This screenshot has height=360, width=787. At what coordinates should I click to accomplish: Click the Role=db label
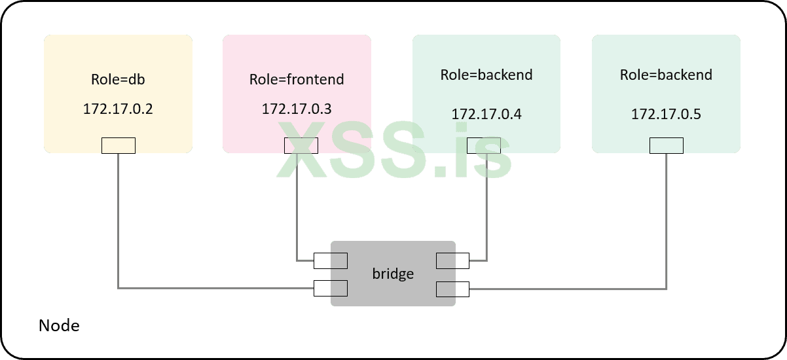pyautogui.click(x=118, y=81)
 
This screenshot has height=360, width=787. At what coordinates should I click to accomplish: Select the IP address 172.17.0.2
pyautogui.click(x=118, y=109)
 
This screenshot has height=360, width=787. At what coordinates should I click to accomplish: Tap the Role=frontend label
pyautogui.click(x=297, y=80)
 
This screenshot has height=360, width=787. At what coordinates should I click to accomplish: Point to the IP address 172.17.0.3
pyautogui.click(x=297, y=109)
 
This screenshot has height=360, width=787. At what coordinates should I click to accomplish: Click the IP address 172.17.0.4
pyautogui.click(x=486, y=114)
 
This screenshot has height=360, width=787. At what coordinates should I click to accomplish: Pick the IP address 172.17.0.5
pyautogui.click(x=666, y=114)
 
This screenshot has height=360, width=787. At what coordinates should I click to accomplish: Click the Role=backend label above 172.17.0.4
pyautogui.click(x=486, y=75)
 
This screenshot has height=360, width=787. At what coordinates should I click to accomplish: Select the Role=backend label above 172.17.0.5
pyautogui.click(x=666, y=75)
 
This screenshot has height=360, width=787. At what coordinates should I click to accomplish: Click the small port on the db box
pyautogui.click(x=119, y=145)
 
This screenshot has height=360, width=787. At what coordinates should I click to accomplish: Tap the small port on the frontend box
pyautogui.click(x=301, y=145)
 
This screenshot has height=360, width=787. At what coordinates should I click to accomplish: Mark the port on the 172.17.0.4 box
pyautogui.click(x=484, y=145)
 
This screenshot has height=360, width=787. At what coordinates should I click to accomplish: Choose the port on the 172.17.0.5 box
pyautogui.click(x=667, y=145)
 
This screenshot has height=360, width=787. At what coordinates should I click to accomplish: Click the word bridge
pyautogui.click(x=393, y=274)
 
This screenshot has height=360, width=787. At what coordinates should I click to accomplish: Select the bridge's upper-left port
pyautogui.click(x=331, y=261)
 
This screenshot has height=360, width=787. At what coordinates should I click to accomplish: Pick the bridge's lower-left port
pyautogui.click(x=331, y=288)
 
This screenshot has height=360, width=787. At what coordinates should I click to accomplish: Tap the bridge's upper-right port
pyautogui.click(x=452, y=261)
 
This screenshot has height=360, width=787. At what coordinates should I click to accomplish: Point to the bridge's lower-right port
pyautogui.click(x=452, y=288)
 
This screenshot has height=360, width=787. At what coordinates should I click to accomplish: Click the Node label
pyautogui.click(x=59, y=325)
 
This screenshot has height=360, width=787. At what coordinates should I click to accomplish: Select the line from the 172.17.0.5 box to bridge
pyautogui.click(x=667, y=223)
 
